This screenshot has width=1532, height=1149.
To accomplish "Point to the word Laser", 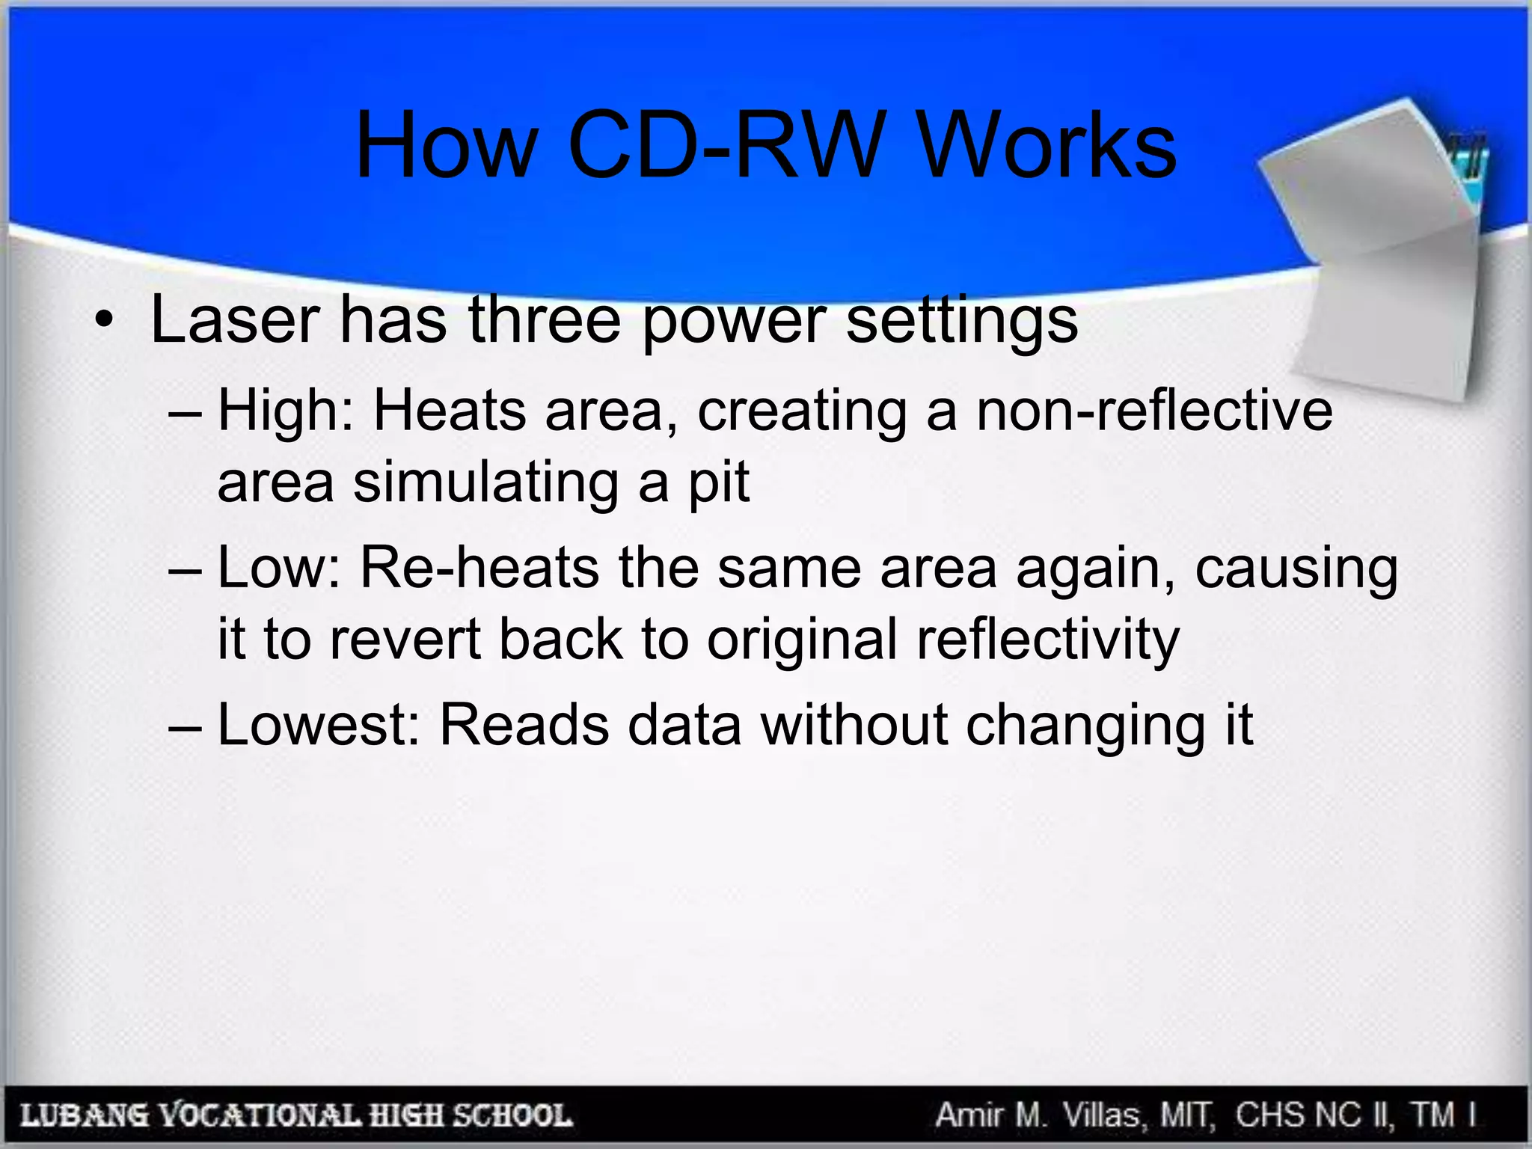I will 235,320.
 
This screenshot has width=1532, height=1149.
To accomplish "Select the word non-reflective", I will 1154,411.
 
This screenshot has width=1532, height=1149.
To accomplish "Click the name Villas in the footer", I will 1102,1115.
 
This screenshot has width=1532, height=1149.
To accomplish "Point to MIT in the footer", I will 1185,1115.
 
